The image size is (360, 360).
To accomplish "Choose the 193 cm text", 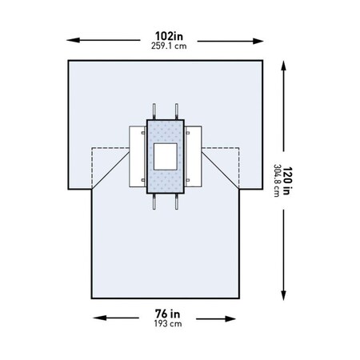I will [x=168, y=324].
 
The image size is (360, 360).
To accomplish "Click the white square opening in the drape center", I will [x=167, y=157].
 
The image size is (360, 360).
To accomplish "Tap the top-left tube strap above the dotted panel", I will [x=154, y=110].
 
